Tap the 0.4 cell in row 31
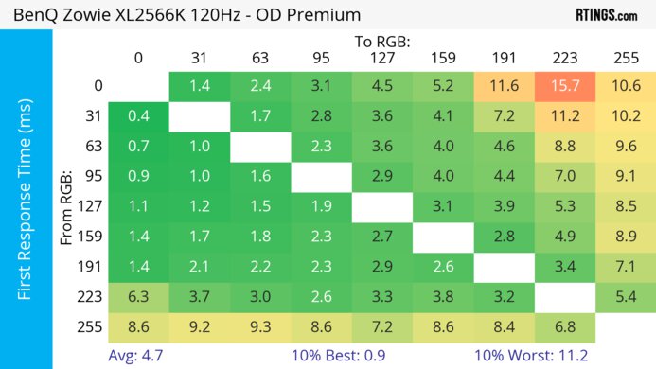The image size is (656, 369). tap(138, 116)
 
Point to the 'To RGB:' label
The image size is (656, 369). tap(381, 42)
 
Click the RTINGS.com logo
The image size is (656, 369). tap(607, 14)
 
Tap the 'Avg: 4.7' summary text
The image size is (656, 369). tap(137, 356)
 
